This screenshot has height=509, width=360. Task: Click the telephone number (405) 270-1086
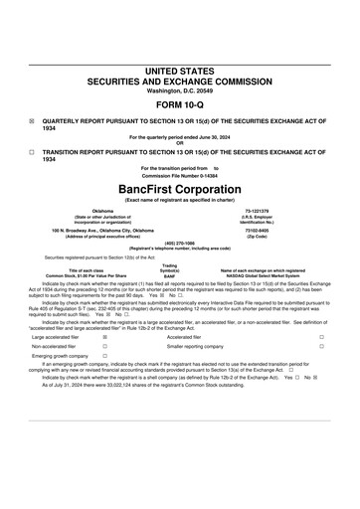(179, 243)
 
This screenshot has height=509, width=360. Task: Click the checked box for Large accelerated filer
(105, 337)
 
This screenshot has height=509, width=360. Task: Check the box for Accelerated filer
(321, 337)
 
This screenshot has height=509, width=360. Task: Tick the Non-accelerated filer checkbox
(105, 347)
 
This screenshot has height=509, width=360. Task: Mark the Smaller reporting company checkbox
(321, 347)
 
